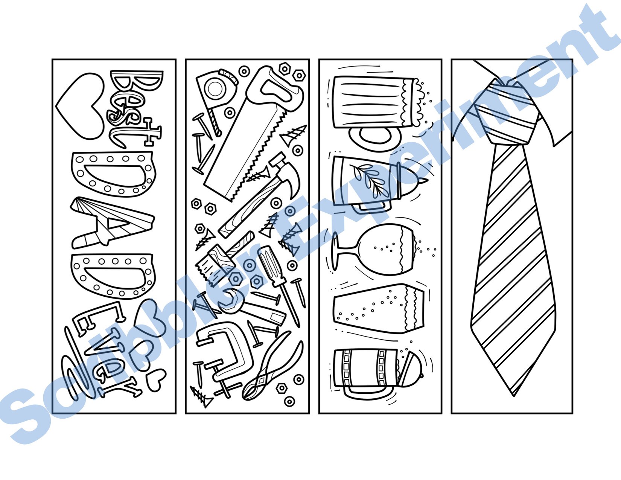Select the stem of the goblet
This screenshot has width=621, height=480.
click(x=346, y=248)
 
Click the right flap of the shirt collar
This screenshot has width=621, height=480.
click(x=553, y=113)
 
